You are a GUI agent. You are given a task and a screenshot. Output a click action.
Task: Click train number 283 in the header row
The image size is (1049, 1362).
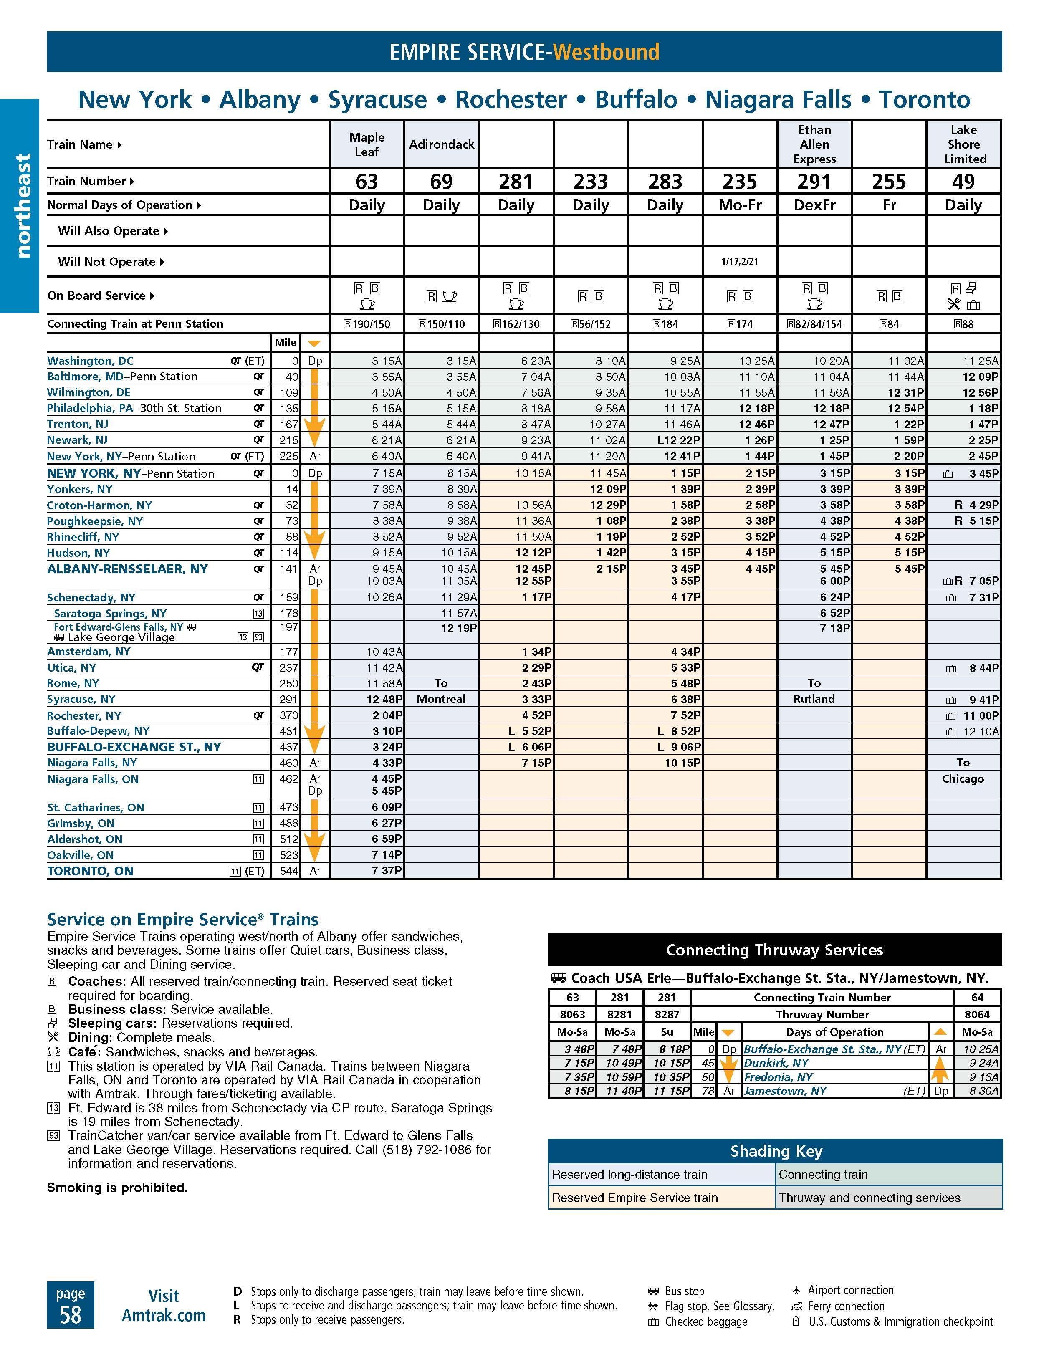click(665, 182)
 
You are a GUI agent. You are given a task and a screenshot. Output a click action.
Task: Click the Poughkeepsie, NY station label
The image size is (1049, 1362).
click(95, 521)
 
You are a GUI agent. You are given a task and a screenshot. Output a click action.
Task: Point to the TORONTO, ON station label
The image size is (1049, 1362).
click(91, 871)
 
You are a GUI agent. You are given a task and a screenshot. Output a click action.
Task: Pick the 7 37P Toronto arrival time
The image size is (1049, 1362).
click(387, 871)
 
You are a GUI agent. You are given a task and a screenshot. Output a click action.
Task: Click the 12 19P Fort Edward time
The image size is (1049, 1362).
click(459, 628)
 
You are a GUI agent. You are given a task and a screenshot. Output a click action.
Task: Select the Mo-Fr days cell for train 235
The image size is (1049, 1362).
click(740, 205)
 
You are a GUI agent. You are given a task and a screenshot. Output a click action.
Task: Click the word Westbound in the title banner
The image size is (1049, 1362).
click(606, 52)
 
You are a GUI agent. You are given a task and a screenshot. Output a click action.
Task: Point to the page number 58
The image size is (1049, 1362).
click(71, 1314)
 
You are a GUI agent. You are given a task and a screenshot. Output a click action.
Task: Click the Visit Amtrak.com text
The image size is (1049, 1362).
click(163, 1305)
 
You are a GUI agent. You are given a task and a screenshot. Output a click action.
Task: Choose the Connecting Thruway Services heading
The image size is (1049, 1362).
click(775, 950)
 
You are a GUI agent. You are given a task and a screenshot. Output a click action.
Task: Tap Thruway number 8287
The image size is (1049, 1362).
click(667, 1015)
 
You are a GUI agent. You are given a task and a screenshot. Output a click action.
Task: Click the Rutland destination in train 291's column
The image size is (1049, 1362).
click(814, 699)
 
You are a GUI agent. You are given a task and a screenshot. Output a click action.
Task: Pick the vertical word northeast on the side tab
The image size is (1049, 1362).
click(23, 205)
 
